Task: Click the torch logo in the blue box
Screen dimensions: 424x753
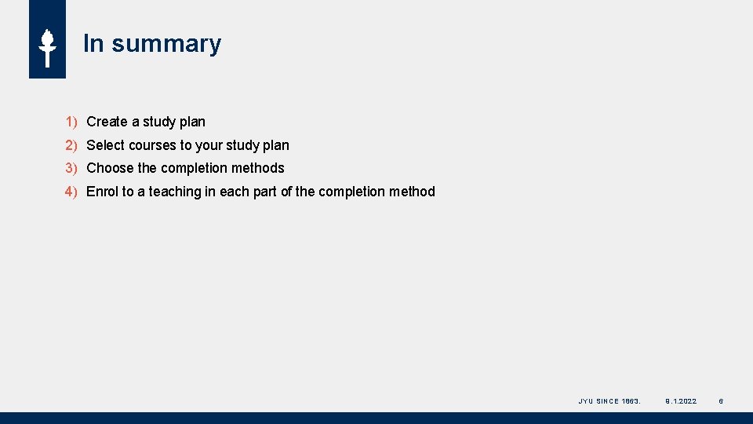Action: click(x=47, y=47)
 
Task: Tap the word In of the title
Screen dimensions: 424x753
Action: click(x=93, y=44)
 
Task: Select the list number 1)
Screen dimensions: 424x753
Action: click(x=71, y=122)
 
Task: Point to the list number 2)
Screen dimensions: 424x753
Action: click(x=71, y=145)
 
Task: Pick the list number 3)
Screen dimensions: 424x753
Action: click(x=71, y=168)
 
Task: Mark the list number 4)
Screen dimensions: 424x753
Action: click(x=71, y=192)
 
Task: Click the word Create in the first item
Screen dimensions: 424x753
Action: click(x=107, y=122)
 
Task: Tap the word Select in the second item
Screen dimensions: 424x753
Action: click(x=105, y=145)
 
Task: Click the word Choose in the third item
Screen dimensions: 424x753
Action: click(x=110, y=168)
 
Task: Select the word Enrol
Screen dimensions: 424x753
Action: click(x=102, y=192)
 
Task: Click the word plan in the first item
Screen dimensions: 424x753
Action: click(x=192, y=122)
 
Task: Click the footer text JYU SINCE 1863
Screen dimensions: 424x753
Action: click(x=609, y=401)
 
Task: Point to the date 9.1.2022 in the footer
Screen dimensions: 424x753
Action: click(x=680, y=401)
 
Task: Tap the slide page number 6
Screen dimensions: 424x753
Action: click(x=721, y=401)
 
